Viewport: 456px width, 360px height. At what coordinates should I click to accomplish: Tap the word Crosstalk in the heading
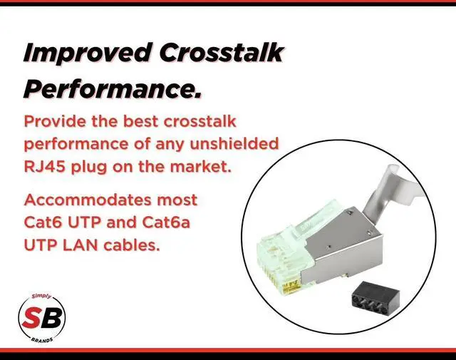[222, 52]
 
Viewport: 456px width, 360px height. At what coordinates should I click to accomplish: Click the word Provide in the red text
[55, 121]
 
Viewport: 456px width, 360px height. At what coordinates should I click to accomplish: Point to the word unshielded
[234, 143]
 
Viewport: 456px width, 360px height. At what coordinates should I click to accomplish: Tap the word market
[200, 167]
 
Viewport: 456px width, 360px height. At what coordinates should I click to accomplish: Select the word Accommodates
[88, 200]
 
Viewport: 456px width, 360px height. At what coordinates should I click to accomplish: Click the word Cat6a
[166, 222]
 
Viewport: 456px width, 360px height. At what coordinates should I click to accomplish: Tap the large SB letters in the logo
[42, 317]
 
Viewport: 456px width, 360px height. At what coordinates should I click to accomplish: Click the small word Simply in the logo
[41, 297]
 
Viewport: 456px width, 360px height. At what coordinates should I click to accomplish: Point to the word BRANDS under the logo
[42, 339]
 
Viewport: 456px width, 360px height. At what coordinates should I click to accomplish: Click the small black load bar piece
[375, 299]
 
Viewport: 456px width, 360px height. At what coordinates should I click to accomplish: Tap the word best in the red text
[141, 121]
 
